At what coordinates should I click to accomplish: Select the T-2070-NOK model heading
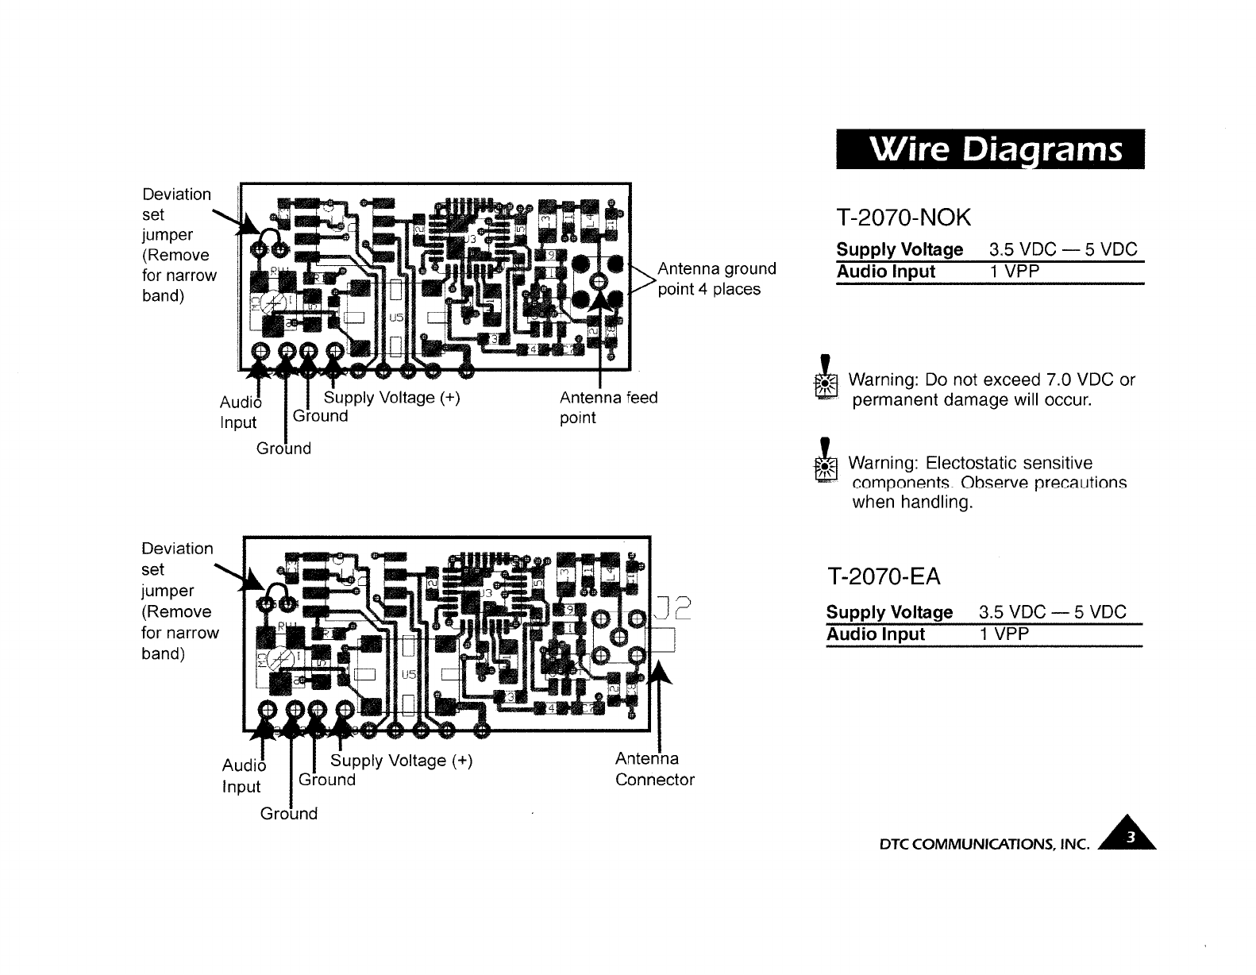(x=903, y=216)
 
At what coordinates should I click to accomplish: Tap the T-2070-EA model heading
(x=883, y=577)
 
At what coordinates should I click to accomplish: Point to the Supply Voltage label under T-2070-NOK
(x=900, y=249)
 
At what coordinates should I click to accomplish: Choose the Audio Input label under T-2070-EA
(x=875, y=634)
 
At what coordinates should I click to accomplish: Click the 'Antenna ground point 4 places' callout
(x=716, y=279)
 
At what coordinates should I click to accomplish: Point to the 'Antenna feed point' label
(x=608, y=407)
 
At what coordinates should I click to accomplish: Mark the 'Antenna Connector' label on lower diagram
(x=654, y=769)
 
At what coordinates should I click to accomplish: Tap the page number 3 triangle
(x=1133, y=837)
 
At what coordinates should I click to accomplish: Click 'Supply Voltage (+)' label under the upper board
(x=391, y=397)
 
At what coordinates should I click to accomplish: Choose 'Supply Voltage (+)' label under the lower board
(x=401, y=761)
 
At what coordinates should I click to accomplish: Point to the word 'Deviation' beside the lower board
(x=177, y=549)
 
